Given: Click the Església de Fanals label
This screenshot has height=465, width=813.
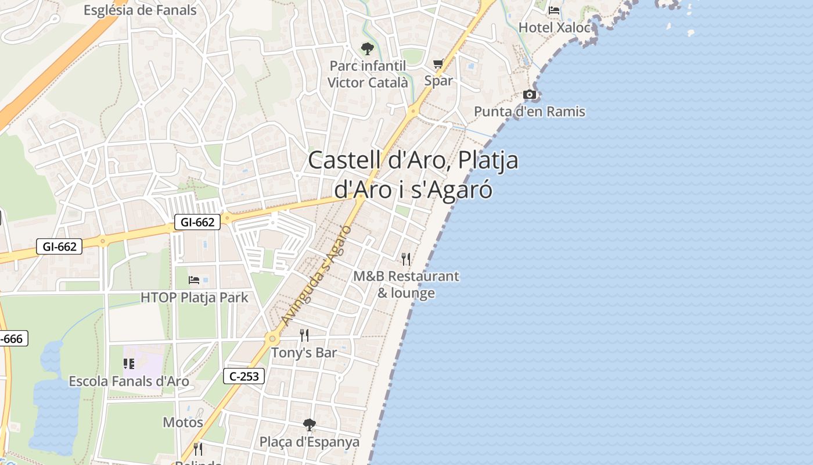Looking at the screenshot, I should coord(140,10).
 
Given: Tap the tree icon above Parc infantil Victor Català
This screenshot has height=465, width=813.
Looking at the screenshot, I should coord(367,48).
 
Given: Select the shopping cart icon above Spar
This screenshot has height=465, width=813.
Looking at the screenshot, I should coord(438,63).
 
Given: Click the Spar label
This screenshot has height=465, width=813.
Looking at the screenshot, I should coord(438,81).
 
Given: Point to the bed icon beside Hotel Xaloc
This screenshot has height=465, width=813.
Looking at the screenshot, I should coord(554,10).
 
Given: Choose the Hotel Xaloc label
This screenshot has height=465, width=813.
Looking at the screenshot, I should coord(554,27).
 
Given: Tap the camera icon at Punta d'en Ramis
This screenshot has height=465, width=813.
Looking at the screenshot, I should coord(530,94).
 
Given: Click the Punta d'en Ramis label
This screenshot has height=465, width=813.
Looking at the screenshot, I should coord(530,112).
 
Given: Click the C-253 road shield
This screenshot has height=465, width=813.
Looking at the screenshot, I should coord(244,377).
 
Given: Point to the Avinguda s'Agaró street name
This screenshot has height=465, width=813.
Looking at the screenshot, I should coord(316,275).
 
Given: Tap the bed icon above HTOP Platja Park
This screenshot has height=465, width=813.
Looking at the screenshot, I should coord(195,280).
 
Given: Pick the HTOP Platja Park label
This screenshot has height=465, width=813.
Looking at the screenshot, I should coord(195,298).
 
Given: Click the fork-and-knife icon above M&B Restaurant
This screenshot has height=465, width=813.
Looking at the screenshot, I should coord(406,259).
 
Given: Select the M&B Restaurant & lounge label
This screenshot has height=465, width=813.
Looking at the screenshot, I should coord(406,284).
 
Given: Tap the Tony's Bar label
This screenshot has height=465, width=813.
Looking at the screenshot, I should coord(304,353).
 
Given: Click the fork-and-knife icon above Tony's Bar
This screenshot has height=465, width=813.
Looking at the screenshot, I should coord(304,335).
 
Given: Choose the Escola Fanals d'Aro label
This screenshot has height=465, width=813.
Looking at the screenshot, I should coord(129,381).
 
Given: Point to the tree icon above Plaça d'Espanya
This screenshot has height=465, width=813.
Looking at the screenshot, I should coord(310,425).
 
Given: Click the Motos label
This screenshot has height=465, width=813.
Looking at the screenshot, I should coord(183,422).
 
